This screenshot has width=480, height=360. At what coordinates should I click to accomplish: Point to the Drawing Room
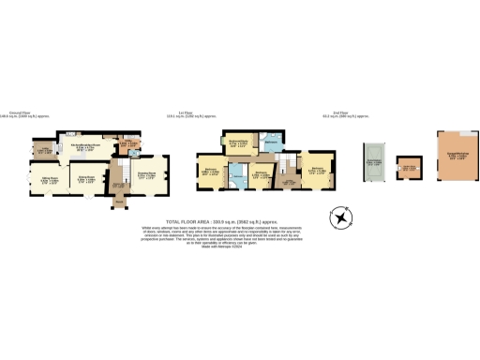pyautogui.click(x=147, y=174)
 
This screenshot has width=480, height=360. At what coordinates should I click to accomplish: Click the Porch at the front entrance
pyautogui.click(x=120, y=200)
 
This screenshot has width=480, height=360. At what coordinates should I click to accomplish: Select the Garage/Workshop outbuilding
pyautogui.click(x=456, y=155)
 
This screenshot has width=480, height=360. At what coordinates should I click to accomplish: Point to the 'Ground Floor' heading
pyautogui.click(x=20, y=112)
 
